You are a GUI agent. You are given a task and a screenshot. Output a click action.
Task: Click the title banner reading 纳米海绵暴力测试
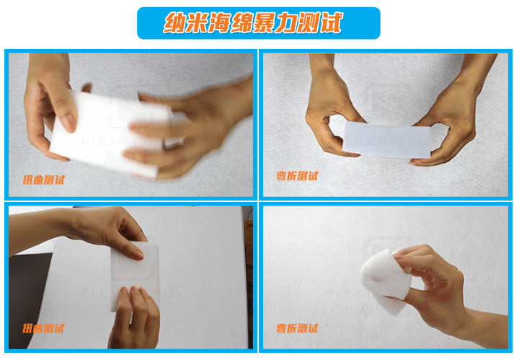point(257,23)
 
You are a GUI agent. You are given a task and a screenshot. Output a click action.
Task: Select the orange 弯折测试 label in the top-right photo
point(296,175)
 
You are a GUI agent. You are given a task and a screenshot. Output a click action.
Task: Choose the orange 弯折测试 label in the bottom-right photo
point(296,328)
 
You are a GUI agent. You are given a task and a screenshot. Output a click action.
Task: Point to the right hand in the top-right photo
point(451,123)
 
